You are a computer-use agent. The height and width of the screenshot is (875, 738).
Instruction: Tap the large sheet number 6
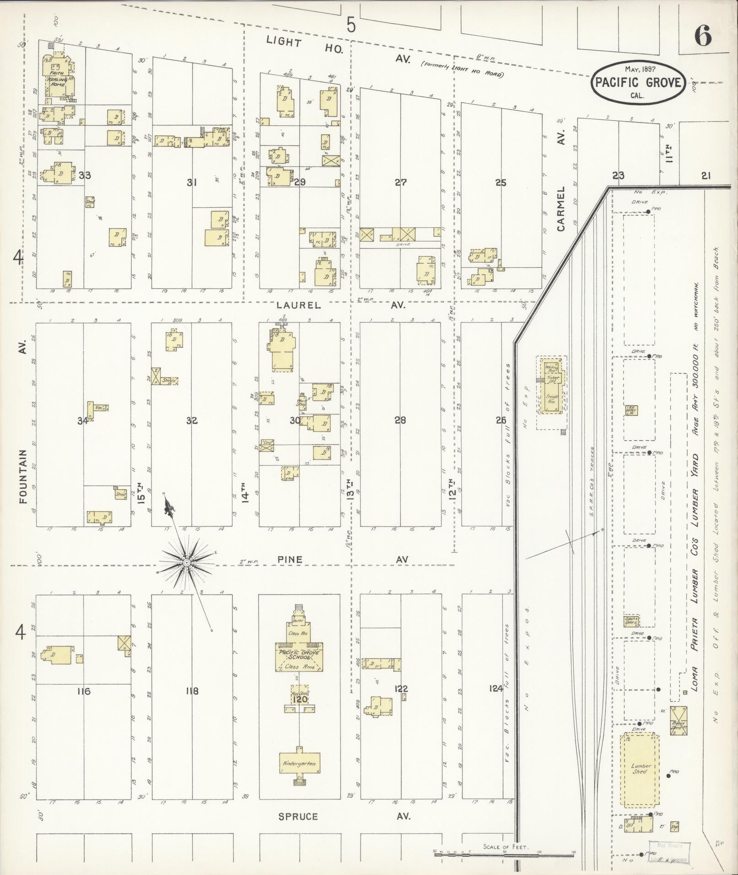(702, 36)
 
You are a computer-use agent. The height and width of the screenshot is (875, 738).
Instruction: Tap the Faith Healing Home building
(58, 76)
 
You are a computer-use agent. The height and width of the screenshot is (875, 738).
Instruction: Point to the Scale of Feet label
(506, 847)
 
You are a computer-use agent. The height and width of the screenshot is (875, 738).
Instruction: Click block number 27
(401, 183)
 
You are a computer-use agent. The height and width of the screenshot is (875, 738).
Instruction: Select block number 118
(192, 691)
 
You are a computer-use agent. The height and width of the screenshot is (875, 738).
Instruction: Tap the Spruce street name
(298, 816)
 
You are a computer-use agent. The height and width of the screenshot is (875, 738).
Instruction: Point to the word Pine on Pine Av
(290, 559)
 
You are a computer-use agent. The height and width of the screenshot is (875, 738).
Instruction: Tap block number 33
(85, 175)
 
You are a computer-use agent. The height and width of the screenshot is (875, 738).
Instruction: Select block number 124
(496, 688)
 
